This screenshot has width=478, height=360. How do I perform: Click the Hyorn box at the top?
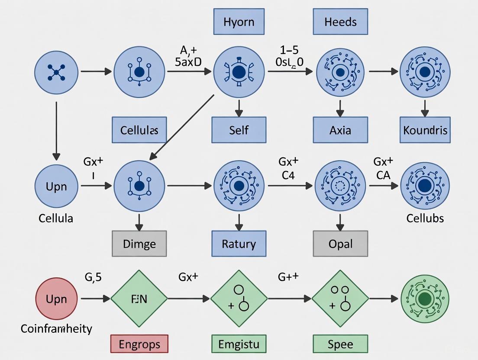(239, 22)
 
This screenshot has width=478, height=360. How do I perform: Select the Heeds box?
(340, 22)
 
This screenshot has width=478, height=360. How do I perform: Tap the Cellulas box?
(139, 130)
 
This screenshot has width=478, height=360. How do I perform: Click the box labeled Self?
(239, 130)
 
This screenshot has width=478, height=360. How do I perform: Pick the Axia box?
(340, 130)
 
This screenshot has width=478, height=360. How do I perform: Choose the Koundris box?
(425, 130)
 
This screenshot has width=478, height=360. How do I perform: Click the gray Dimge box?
(139, 244)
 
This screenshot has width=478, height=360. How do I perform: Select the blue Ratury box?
(239, 244)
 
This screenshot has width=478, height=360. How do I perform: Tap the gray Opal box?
(340, 244)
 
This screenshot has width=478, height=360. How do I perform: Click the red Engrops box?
(139, 344)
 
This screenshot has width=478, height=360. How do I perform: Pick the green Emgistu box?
(239, 344)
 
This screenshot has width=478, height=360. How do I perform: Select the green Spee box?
(340, 344)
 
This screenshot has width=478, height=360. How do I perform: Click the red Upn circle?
(56, 299)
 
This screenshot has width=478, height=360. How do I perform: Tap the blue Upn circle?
(56, 186)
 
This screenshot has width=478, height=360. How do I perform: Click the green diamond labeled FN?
(139, 299)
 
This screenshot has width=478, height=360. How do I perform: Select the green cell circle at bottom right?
(425, 299)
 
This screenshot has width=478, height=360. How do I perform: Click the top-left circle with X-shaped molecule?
(56, 70)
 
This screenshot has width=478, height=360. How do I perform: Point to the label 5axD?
(188, 61)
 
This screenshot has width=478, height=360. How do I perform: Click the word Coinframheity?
(57, 329)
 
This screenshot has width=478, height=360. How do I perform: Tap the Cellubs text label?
(425, 218)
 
